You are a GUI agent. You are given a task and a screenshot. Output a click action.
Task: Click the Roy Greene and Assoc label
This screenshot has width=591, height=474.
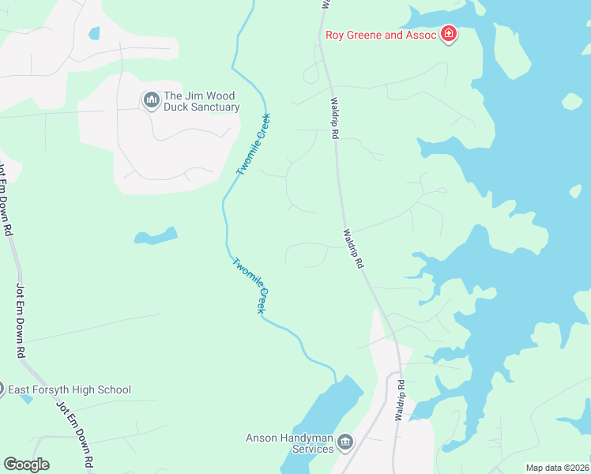point(382,35)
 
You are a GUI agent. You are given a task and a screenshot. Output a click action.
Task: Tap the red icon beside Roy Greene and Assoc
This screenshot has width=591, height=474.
point(449,35)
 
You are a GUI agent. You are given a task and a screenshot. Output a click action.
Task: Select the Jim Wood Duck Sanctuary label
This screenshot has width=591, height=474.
point(201,101)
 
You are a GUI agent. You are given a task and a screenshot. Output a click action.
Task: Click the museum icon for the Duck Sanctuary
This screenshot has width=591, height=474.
point(150,99)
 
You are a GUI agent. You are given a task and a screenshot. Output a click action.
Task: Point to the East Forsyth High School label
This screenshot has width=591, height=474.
point(69,389)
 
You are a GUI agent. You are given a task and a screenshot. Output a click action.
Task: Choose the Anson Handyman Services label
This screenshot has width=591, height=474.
point(290,443)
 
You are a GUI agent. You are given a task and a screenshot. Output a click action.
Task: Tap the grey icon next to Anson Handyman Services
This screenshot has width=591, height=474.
point(344,442)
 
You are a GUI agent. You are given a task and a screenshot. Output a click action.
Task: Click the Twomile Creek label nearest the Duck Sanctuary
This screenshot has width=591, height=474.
point(254,145)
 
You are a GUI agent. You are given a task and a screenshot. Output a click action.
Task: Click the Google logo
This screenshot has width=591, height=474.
point(26,465)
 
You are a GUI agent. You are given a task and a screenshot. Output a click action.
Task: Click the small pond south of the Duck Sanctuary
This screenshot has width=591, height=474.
point(156,235)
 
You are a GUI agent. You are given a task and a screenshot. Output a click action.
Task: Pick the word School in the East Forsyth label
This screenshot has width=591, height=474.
point(113,389)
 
